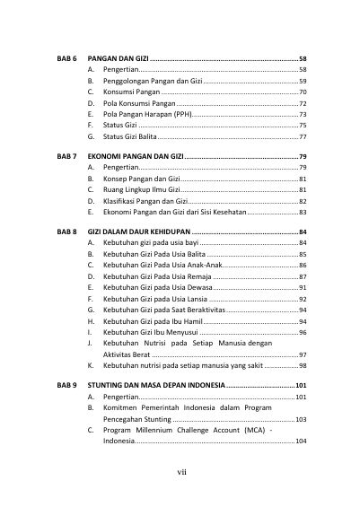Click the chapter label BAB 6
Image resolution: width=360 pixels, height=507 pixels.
(63, 57)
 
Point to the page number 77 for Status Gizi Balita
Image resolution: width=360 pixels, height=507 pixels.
(303, 138)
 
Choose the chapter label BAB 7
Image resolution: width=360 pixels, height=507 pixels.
(63, 156)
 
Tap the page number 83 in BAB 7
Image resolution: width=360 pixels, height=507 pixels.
(303, 214)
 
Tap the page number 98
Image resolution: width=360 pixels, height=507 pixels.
(303, 366)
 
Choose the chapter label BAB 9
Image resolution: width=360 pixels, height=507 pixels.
(63, 385)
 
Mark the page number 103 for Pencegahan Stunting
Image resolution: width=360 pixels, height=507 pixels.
(302, 419)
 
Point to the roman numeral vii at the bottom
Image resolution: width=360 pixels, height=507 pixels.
(180, 469)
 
